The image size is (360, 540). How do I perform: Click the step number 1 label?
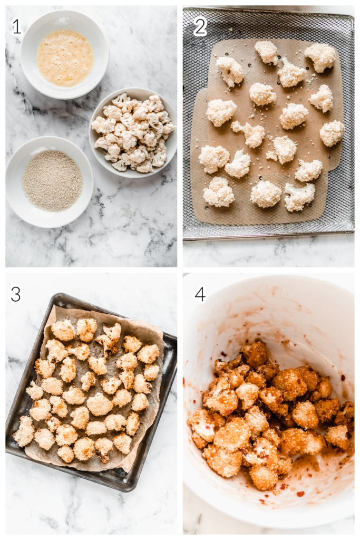click(x=17, y=26)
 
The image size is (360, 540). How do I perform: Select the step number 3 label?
click(x=16, y=294)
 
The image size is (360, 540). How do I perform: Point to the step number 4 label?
click(x=200, y=295)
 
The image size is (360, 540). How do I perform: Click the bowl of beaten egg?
click(x=64, y=54)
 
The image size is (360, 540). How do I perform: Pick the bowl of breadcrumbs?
click(x=50, y=182)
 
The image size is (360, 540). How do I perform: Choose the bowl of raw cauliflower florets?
click(x=133, y=132)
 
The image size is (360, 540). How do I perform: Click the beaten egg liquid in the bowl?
click(x=65, y=57)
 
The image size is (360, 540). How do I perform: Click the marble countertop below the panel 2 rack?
click(x=268, y=254)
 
